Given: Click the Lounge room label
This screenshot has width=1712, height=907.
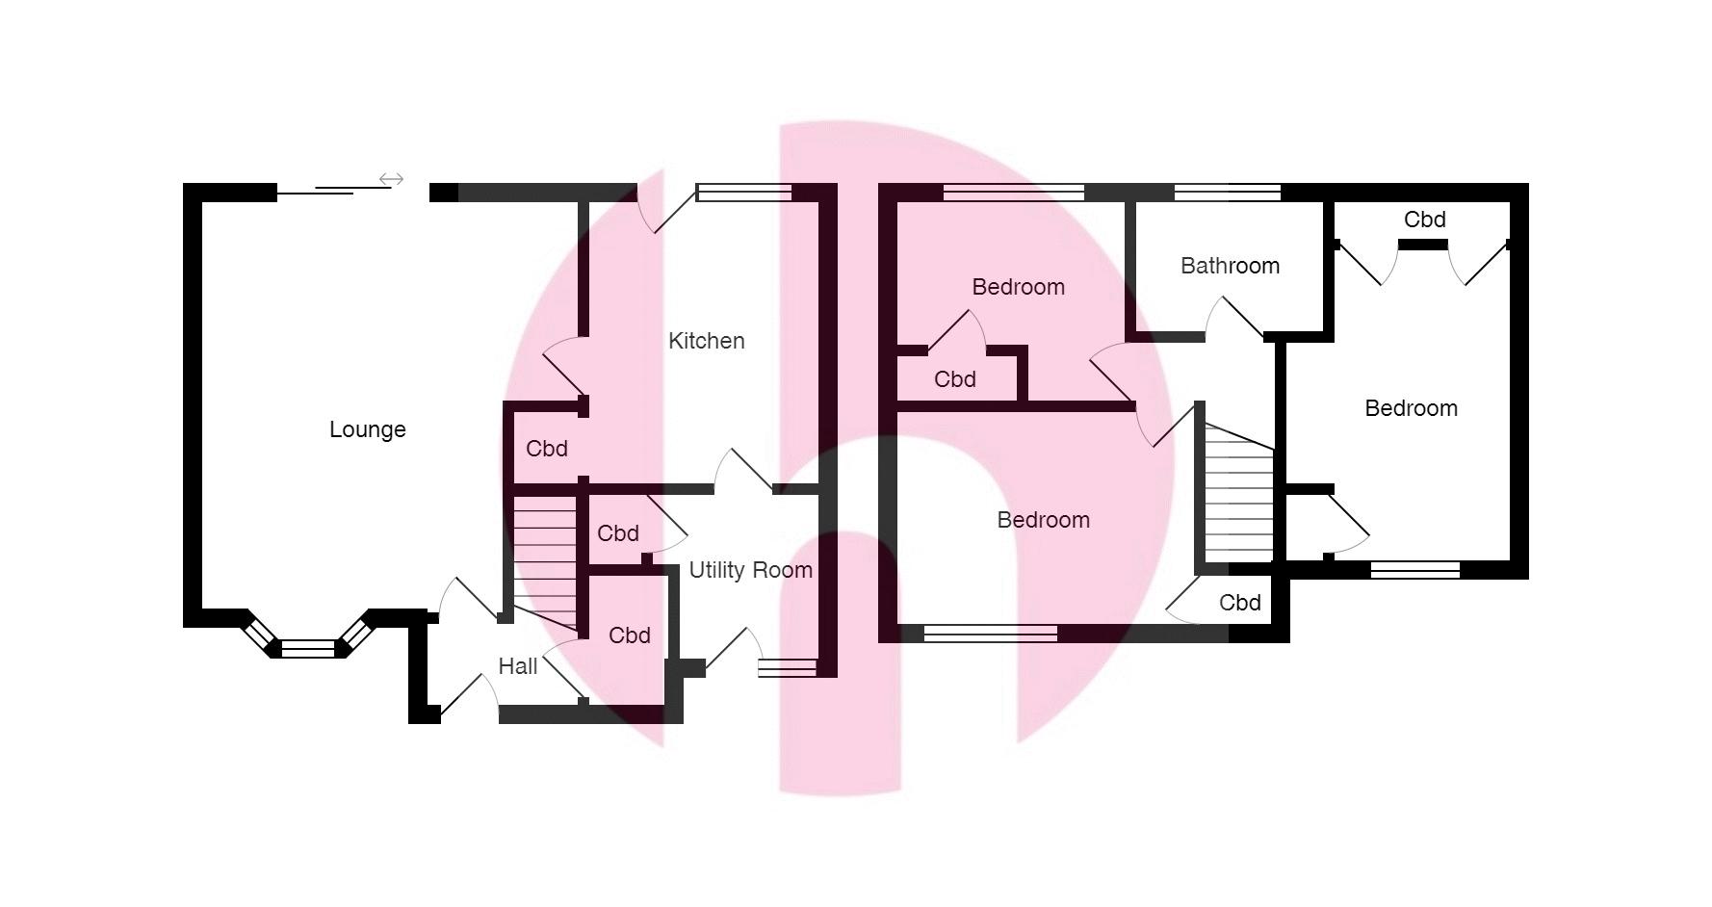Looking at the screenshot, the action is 367,429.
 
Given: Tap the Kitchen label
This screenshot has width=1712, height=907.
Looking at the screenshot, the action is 706,341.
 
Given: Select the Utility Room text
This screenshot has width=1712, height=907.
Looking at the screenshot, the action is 750,570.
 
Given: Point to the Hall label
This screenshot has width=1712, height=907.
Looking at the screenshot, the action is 517,666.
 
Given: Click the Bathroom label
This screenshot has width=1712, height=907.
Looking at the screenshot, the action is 1230,266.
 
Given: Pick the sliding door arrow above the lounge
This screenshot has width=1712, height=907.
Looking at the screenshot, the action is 391,179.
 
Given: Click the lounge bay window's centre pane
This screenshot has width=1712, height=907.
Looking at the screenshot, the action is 308,648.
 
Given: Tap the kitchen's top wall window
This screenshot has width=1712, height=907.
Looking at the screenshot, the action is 744,194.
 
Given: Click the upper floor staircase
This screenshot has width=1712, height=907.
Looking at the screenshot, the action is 1238,496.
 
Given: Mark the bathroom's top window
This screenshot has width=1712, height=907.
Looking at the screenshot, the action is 1227,194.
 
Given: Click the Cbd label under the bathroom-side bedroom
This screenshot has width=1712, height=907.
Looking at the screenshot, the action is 954,379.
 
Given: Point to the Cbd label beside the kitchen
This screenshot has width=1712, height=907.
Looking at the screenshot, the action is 546,449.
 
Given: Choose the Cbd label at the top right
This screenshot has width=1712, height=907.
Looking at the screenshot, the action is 1424,220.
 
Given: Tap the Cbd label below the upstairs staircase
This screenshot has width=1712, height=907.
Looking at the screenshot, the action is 1239,603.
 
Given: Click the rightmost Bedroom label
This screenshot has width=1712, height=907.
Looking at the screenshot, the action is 1411,408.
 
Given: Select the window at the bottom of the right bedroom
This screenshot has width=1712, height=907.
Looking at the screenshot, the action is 1414,570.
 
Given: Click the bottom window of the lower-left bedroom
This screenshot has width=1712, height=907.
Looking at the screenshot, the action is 990,634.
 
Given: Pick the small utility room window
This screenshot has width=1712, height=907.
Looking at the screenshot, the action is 787,667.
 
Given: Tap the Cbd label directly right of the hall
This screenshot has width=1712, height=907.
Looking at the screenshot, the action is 629,635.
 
